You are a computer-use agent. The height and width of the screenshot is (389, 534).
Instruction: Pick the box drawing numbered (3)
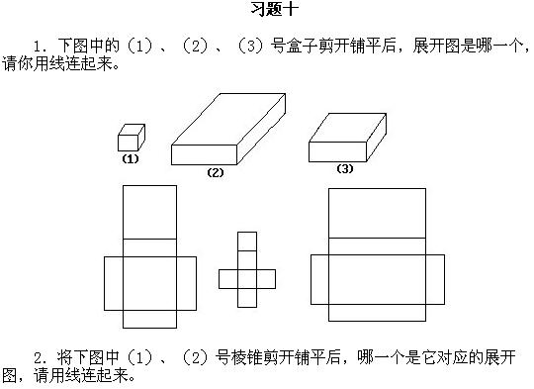pyautogui.click(x=345, y=138)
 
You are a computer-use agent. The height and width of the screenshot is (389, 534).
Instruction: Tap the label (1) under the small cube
pyautogui.click(x=129, y=158)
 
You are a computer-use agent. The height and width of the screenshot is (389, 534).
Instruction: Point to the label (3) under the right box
pyautogui.click(x=344, y=168)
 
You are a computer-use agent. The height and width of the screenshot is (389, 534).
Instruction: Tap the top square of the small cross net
pyautogui.click(x=247, y=241)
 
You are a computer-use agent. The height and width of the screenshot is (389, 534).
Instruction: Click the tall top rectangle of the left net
pyautogui.click(x=148, y=212)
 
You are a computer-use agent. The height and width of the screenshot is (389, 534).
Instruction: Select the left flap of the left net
pyautogui.click(x=113, y=282)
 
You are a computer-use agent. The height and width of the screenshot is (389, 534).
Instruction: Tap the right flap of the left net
pyautogui.click(x=186, y=282)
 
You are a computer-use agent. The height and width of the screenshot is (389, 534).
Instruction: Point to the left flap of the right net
pyautogui.click(x=318, y=279)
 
